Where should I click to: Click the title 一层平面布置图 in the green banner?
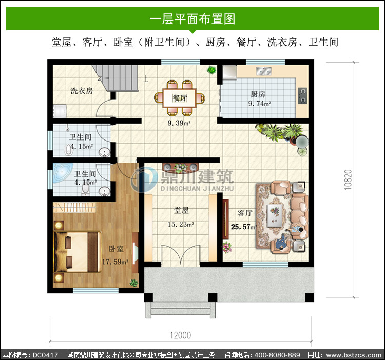coord(192,19)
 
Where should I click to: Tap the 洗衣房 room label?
coord(82,91)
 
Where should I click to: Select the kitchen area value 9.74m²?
coord(260,103)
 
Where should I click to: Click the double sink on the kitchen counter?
coord(263,71)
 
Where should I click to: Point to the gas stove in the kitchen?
coord(302,95)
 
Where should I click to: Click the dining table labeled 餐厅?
coord(179,98)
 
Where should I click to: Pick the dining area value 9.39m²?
coord(179,123)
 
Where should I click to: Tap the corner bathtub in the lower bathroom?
coord(62,172)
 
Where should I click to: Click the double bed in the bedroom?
coord(78,252)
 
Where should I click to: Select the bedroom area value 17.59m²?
coord(115,262)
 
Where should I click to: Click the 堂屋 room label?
coord(181,210)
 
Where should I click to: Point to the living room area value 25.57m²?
coord(243,227)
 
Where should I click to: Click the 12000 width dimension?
coord(181,335)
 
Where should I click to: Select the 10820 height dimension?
coord(348,179)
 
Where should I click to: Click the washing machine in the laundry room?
coord(60,110)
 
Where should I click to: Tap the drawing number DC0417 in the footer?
coord(45,355)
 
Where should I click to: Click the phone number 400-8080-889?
coord(277,355)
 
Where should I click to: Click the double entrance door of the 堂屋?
coord(181,255)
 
